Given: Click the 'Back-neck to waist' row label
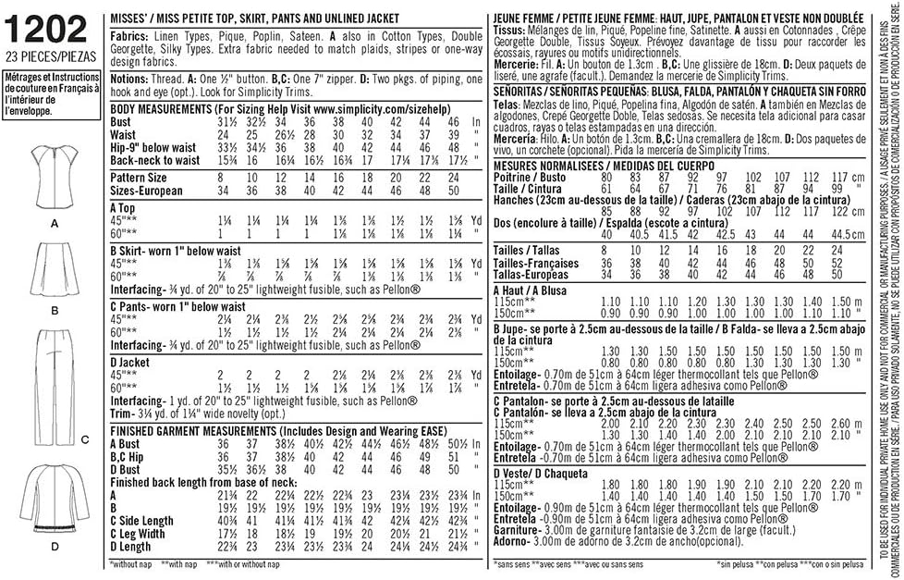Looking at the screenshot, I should click(154, 160).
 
